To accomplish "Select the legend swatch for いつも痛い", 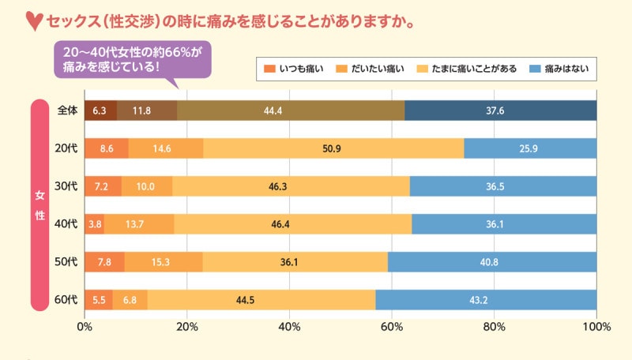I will (x=269, y=69).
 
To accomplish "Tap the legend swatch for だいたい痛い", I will (x=344, y=69).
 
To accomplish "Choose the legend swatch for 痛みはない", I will (x=537, y=69).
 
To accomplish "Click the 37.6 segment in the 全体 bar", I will (x=500, y=111).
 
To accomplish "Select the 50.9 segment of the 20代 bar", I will (x=333, y=148).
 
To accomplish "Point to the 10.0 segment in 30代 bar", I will (x=146, y=186).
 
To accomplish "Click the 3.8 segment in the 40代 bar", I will (x=94, y=224).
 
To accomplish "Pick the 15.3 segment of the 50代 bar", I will (x=163, y=261).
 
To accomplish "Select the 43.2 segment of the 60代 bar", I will (x=486, y=299).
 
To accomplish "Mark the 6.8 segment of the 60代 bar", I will (x=130, y=299).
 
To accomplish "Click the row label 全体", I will (x=67, y=111).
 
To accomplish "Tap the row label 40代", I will (x=67, y=224).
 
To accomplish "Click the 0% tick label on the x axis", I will (x=85, y=326).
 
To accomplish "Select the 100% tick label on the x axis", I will (x=596, y=326).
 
